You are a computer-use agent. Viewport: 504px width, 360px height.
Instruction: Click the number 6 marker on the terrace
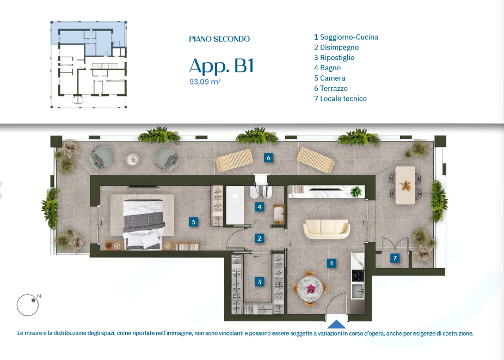coord(268,157)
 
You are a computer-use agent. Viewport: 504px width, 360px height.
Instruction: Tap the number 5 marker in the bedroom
coord(193,222)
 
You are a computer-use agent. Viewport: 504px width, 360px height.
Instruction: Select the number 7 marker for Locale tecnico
coord(395,258)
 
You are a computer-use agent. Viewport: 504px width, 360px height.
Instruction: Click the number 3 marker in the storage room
coord(260,282)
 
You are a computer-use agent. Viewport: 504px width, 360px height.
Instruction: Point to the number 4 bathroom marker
coord(260,207)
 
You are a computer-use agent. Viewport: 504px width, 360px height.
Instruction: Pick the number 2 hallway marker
coord(260,239)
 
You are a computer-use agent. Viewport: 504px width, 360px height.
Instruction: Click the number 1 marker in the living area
coord(331,263)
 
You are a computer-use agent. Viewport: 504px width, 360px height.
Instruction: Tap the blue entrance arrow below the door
coord(336,324)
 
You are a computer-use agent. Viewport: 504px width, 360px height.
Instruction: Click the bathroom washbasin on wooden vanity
coord(279,213)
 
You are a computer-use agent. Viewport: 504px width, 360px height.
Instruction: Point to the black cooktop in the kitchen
coord(358,276)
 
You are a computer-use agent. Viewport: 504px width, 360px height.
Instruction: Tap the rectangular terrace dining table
coord(405,185)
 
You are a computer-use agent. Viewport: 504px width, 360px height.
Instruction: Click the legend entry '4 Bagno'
coord(327,68)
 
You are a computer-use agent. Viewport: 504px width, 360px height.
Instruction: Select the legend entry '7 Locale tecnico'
coord(340,99)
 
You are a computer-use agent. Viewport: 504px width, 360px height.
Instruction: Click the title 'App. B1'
coord(222,66)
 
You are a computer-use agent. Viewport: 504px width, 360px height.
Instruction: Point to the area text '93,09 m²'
coord(205,82)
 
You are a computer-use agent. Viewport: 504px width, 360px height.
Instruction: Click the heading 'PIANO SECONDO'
coord(219,39)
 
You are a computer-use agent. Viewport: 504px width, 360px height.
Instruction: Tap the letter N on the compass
coord(39,296)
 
